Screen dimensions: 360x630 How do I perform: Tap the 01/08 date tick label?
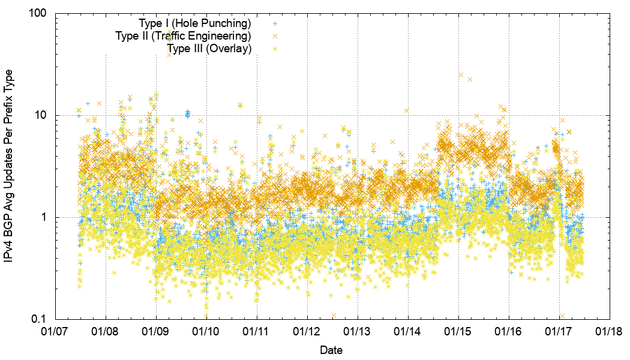pyautogui.click(x=106, y=331)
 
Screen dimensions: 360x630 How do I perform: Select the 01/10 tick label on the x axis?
pyautogui.click(x=207, y=331)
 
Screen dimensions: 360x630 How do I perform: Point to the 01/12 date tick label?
pyautogui.click(x=308, y=331)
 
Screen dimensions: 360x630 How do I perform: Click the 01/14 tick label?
pyautogui.click(x=409, y=331)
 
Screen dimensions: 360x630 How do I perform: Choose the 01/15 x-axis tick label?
pyautogui.click(x=459, y=331)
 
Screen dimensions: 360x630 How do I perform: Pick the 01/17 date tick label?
pyautogui.click(x=560, y=331)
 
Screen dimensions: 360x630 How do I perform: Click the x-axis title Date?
pyautogui.click(x=332, y=349)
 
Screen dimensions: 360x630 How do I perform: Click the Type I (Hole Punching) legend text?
pyautogui.click(x=194, y=24)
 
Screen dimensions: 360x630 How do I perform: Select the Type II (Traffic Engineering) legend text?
pyautogui.click(x=183, y=37)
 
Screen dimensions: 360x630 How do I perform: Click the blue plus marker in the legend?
pyautogui.click(x=275, y=24)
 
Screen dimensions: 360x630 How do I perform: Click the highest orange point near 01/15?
pyautogui.click(x=461, y=75)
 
